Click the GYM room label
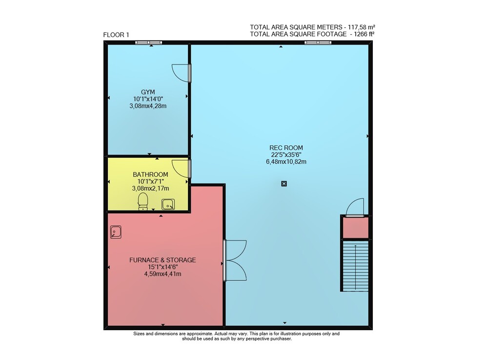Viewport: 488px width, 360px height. click(148, 92)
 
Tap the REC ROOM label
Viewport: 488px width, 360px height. click(286, 148)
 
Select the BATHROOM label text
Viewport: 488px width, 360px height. click(150, 175)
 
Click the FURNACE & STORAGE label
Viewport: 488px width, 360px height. click(163, 260)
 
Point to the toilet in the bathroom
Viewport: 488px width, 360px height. click(143, 201)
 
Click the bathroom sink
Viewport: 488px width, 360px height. click(168, 205)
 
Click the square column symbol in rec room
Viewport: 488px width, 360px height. click(284, 184)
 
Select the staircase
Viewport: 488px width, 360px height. click(355, 265)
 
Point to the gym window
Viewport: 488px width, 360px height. click(148, 42)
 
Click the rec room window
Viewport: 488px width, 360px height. click(318, 42)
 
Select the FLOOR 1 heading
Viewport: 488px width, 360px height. click(116, 35)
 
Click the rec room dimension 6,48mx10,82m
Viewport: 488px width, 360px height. click(286, 162)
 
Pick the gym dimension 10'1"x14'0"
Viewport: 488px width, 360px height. click(148, 99)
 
